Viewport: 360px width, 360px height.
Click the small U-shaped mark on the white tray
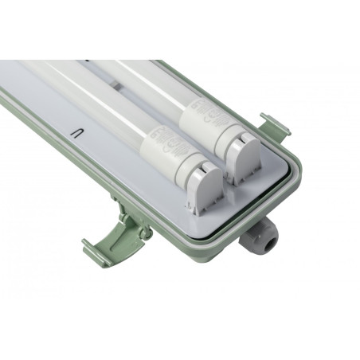[x=79, y=132]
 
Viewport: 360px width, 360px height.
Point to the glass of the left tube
[x=88, y=96]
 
